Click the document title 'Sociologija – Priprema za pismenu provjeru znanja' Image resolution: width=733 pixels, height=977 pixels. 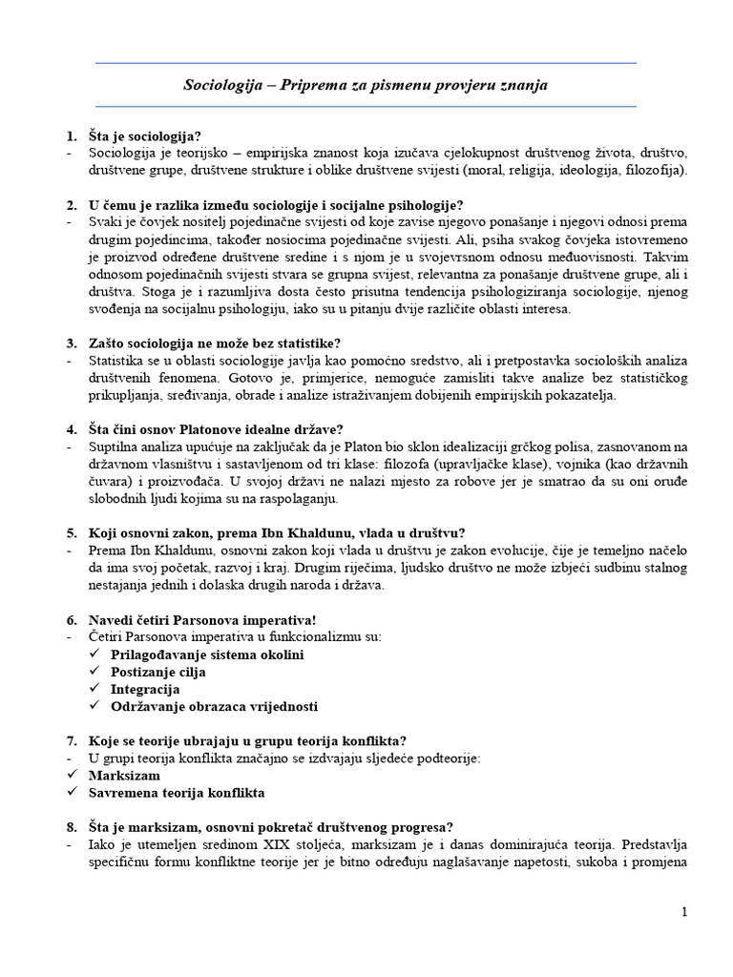[366, 85]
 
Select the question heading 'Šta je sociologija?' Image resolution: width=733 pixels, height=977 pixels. [144, 135]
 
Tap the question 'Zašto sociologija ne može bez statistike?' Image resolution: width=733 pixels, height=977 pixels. [215, 343]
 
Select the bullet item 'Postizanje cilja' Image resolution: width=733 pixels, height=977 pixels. [157, 672]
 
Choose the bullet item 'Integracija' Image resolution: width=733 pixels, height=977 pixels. [145, 689]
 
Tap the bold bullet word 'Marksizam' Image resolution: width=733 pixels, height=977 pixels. [123, 776]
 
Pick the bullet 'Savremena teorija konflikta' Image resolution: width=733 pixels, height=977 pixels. [177, 793]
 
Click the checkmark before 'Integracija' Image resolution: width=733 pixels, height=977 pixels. [94, 689]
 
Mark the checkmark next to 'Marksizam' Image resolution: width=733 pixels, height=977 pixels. [72, 776]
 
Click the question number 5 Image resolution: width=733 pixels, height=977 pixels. [71, 532]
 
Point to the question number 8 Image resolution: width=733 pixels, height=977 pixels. [71, 826]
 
